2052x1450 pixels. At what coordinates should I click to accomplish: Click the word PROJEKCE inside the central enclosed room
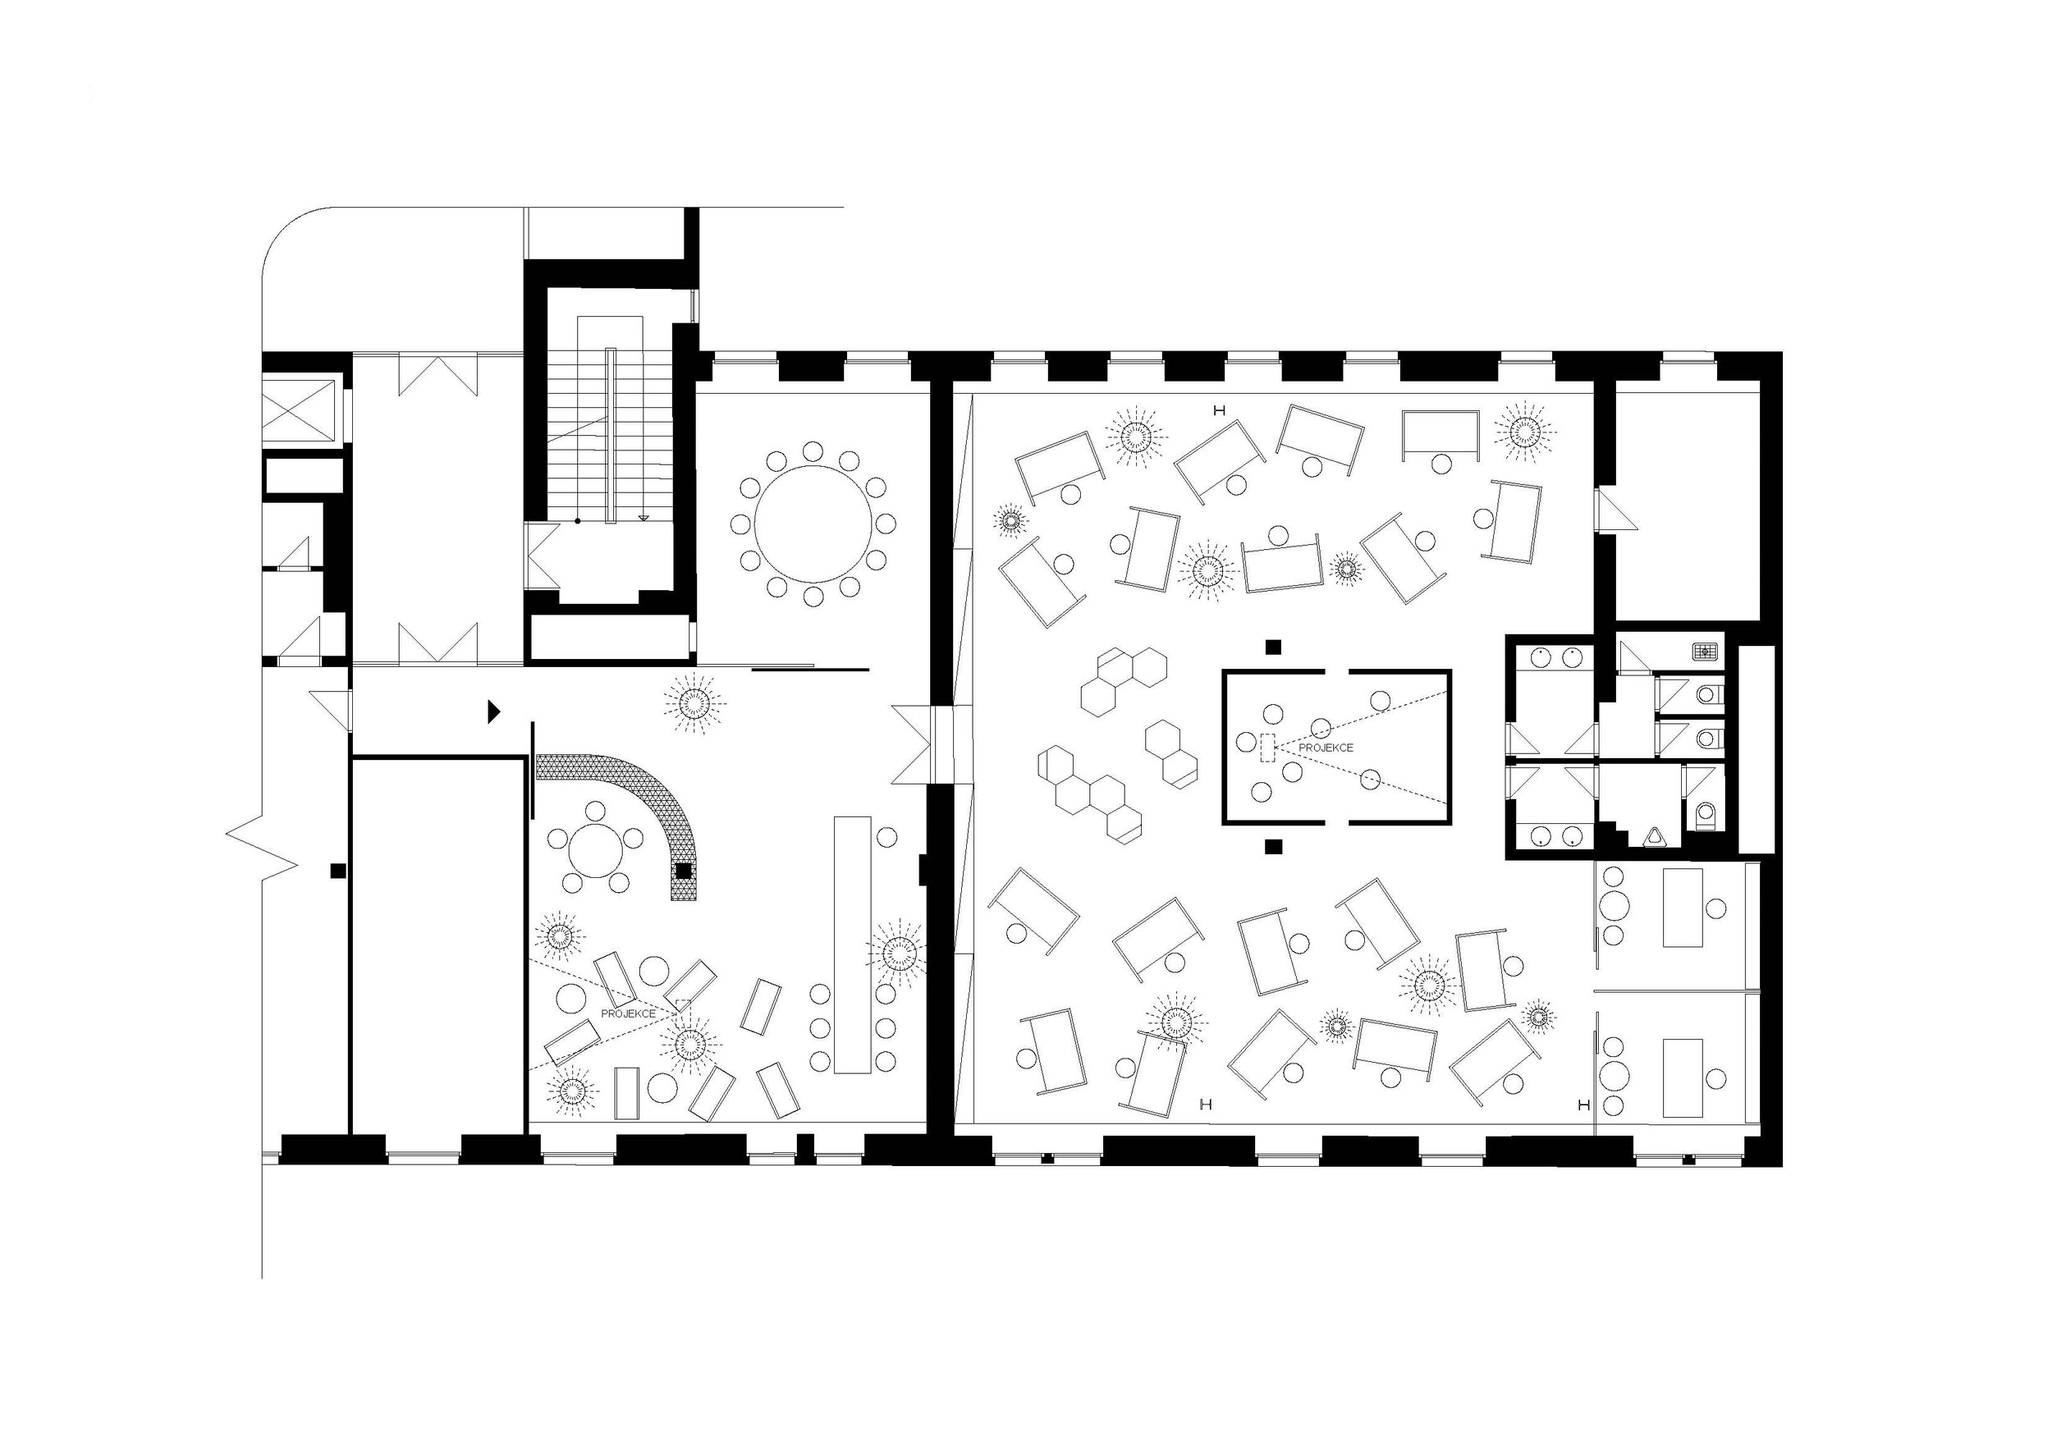(x=1326, y=747)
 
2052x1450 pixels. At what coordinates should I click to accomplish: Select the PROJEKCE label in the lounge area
(x=628, y=1013)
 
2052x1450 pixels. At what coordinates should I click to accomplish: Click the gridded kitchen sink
(x=1704, y=651)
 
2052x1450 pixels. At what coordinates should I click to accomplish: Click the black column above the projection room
(x=1274, y=646)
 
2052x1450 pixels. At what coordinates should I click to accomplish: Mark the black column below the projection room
(x=1274, y=845)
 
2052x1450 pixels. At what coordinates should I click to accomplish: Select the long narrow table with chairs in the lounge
(x=853, y=945)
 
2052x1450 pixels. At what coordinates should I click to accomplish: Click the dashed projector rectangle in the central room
(x=1267, y=747)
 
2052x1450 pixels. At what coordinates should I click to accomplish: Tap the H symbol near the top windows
(x=1217, y=410)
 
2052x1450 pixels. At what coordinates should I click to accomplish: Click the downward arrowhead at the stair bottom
(x=643, y=517)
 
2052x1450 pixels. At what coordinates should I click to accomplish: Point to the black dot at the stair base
(x=577, y=519)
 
